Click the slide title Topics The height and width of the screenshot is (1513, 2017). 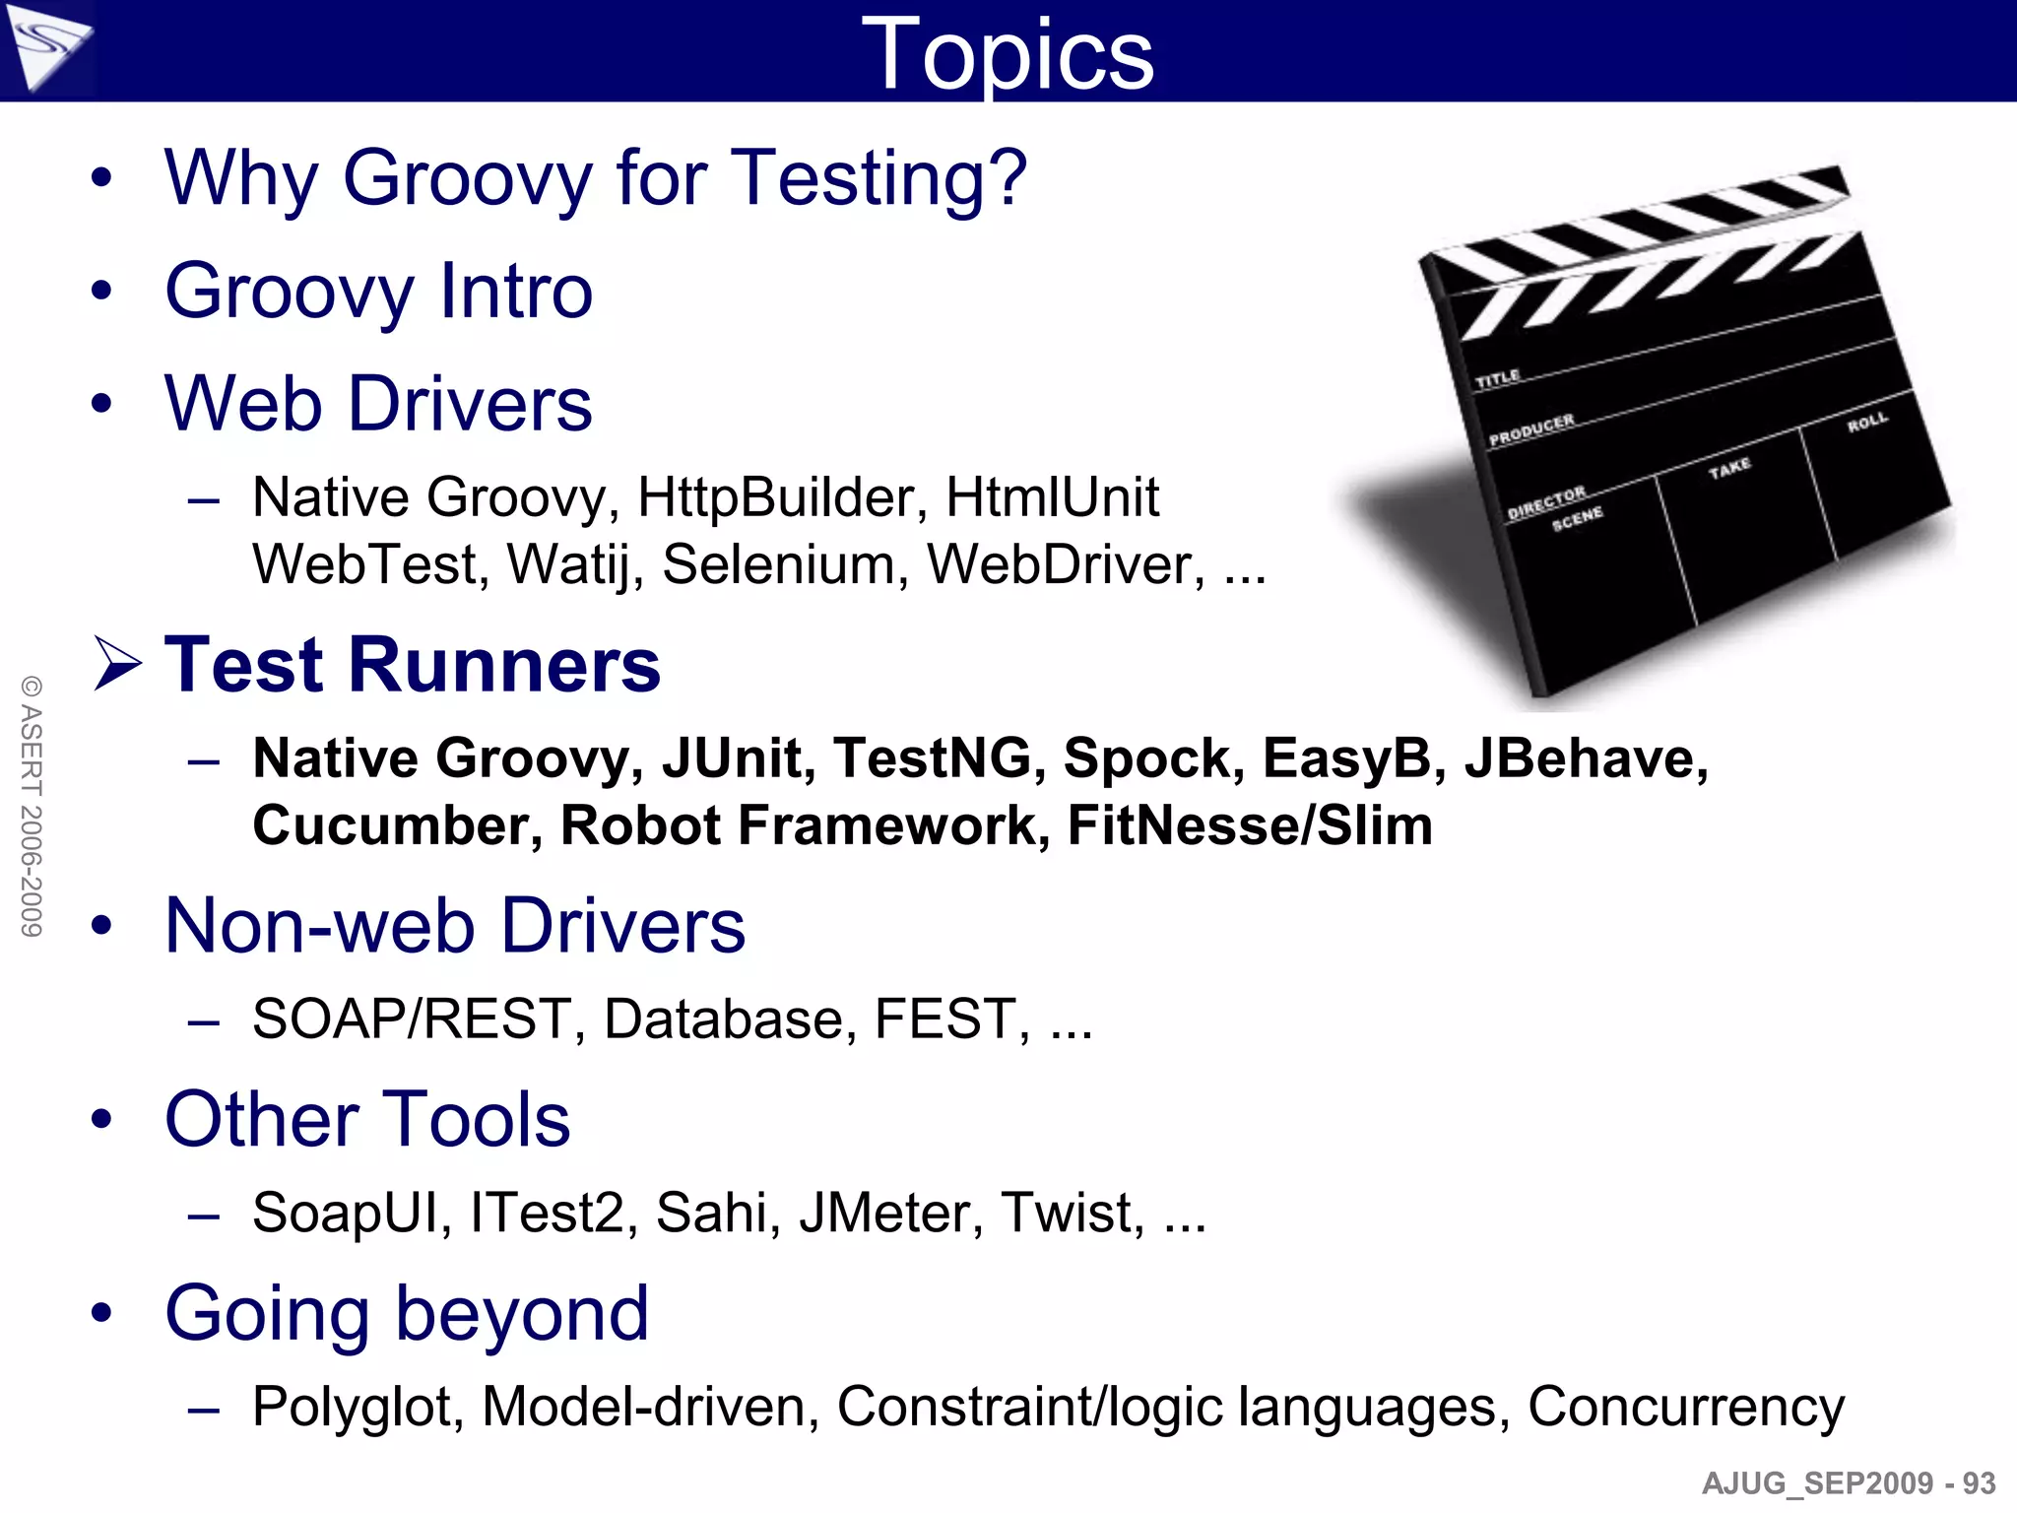[1007, 55]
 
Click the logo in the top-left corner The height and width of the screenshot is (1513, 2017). [47, 46]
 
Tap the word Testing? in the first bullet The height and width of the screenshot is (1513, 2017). [880, 178]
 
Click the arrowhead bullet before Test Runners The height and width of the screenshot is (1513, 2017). [117, 663]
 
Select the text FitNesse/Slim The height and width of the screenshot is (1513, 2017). [1250, 825]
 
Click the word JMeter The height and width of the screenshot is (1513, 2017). [890, 1213]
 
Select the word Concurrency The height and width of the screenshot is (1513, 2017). [1685, 1407]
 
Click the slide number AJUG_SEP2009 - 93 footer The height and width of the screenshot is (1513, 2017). [1848, 1483]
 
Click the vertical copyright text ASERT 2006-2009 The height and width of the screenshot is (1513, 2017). [32, 806]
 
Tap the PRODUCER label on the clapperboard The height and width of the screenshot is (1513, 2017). [1531, 429]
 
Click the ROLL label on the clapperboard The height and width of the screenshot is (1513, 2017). [1867, 423]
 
